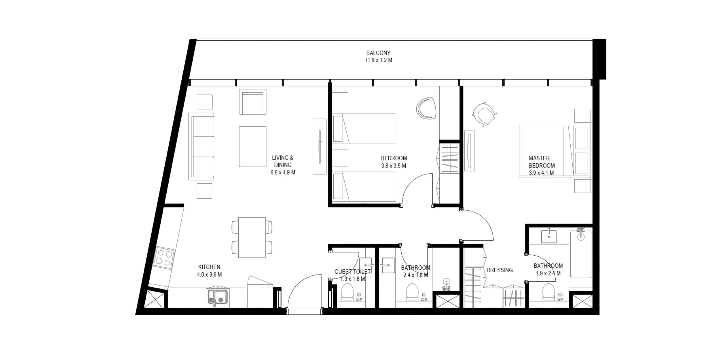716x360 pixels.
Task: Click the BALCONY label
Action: [x=378, y=53]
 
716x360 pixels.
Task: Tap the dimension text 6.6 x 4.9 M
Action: [x=283, y=172]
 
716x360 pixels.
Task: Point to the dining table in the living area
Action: [x=252, y=237]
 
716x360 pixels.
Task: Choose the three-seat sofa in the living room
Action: [x=201, y=147]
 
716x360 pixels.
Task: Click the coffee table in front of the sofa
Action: [x=252, y=146]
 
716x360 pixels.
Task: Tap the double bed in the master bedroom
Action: [x=555, y=151]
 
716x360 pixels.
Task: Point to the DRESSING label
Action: [x=500, y=270]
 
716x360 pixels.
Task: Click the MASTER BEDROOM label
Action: [x=542, y=162]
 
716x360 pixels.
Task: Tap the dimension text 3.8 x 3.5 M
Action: [x=394, y=166]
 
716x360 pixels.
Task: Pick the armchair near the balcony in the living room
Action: [x=252, y=102]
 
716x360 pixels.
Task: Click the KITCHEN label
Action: [x=209, y=267]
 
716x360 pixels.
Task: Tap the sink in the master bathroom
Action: [x=549, y=236]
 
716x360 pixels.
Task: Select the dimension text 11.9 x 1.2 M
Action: [x=378, y=60]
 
